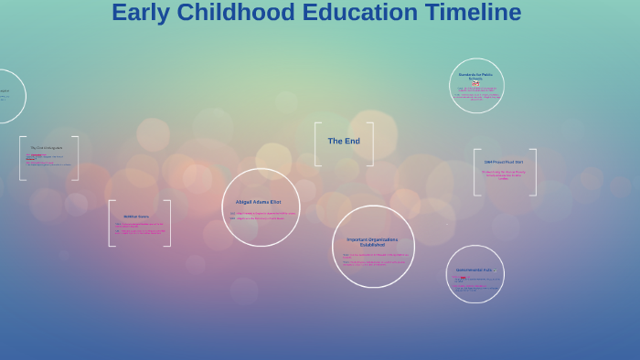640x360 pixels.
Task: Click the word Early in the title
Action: coord(141,13)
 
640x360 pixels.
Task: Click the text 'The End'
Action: coord(344,142)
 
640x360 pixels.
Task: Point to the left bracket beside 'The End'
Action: coord(317,144)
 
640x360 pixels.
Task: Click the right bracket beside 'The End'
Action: coord(370,144)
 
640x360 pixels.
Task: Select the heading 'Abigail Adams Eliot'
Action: coord(258,202)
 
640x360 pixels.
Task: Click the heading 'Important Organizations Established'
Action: coord(372,242)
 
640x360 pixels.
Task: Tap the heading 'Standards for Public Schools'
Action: coord(475,76)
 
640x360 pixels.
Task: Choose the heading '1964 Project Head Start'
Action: coord(504,162)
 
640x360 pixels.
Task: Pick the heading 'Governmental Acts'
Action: coord(474,270)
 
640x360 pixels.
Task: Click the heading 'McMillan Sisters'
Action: coord(136,217)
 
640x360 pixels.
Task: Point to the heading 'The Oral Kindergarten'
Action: coord(46,147)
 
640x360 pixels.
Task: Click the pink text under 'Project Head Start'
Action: coord(504,174)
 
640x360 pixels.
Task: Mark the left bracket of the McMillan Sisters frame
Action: coord(111,223)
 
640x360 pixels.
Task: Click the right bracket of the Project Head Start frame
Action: coord(534,173)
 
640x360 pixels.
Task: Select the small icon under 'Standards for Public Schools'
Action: coord(475,83)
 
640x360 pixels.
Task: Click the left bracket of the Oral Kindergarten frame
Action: coord(22,158)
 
